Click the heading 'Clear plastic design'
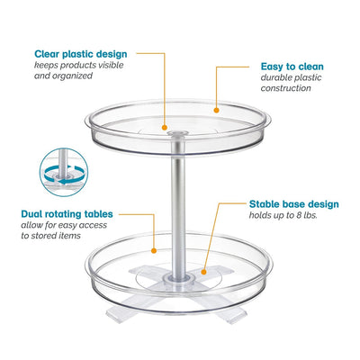81,54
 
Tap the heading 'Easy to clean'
292,67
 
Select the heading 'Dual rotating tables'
67,214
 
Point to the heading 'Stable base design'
294,204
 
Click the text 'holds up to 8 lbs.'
283,215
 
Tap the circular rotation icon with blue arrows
64,172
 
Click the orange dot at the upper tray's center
164,128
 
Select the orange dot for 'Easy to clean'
216,110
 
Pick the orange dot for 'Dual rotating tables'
154,250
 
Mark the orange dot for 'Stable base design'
203,272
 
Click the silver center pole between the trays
178,210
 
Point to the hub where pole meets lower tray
178,281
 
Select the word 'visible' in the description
109,65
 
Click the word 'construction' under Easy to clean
285,88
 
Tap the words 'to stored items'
50,236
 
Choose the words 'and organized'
63,76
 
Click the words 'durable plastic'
291,77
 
